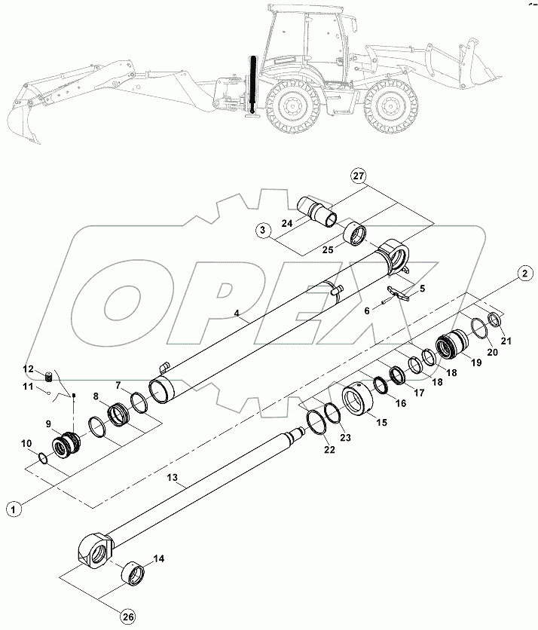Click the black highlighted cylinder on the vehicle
(x=252, y=84)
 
